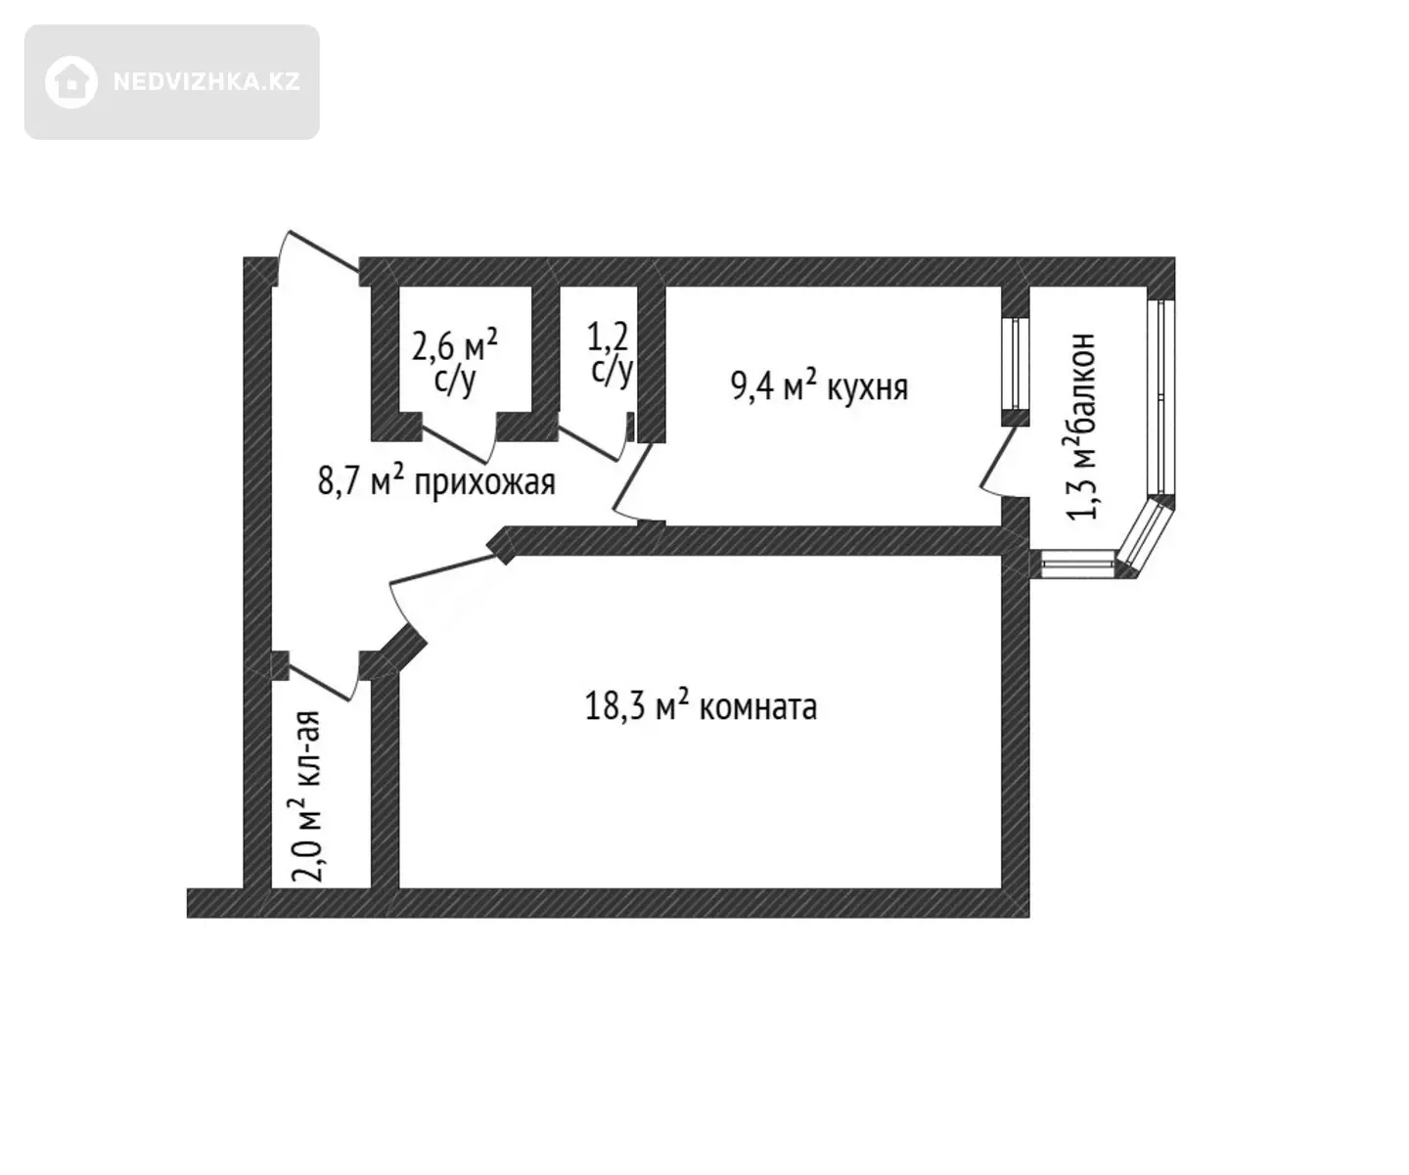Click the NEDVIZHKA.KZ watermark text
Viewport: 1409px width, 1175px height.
(206, 81)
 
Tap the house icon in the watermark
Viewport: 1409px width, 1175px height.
(70, 82)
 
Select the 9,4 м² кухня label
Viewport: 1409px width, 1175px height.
(819, 386)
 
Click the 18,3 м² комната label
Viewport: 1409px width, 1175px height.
(701, 706)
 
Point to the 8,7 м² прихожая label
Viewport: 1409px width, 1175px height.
(436, 482)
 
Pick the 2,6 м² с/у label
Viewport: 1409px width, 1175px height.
(455, 360)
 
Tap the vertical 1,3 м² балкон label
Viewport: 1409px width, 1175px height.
(1080, 426)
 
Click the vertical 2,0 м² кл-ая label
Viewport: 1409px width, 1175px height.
(305, 796)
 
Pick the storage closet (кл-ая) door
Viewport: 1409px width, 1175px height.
(319, 682)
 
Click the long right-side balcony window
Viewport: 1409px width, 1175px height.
(1160, 398)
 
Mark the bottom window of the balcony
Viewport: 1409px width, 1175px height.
(1077, 565)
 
